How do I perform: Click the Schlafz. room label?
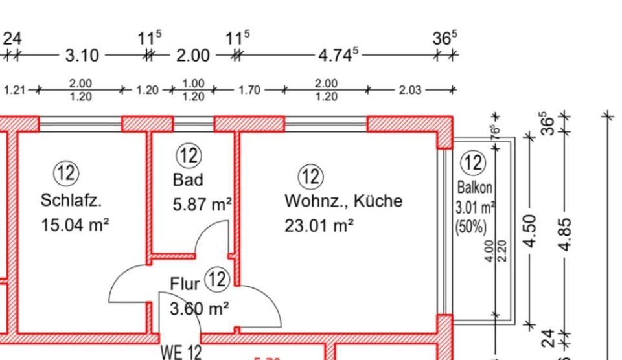pyautogui.click(x=71, y=201)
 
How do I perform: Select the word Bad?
pyautogui.click(x=188, y=179)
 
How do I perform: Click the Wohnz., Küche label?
pyautogui.click(x=343, y=201)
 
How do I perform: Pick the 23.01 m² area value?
pyautogui.click(x=319, y=226)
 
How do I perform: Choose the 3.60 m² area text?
pyautogui.click(x=198, y=309)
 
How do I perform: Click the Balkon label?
pyautogui.click(x=475, y=188)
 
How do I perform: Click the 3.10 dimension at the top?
pyautogui.click(x=82, y=56)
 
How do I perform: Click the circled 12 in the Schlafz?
pyautogui.click(x=66, y=174)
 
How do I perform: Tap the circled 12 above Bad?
pyautogui.click(x=189, y=155)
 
